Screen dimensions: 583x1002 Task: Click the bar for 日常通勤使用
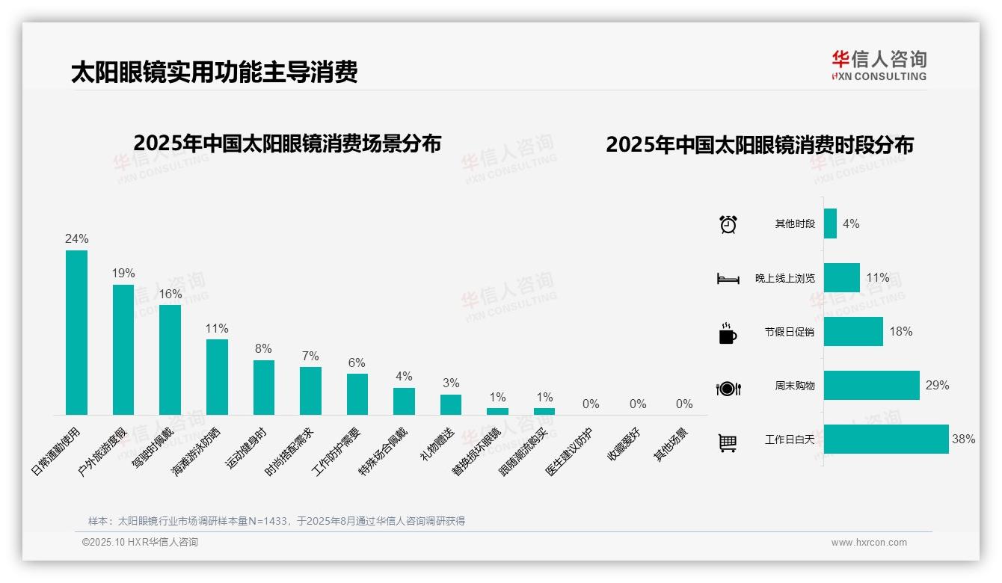tap(76, 333)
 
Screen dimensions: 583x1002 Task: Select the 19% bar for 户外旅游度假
tap(123, 350)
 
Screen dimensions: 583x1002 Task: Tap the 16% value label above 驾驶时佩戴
tap(170, 294)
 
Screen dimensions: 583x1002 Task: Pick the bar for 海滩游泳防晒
tap(217, 377)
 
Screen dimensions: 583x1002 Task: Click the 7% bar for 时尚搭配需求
tap(310, 390)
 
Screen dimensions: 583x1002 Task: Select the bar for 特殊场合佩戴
tap(404, 401)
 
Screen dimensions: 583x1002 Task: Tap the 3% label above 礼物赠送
tap(451, 383)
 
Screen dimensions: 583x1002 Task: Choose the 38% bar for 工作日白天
tap(886, 439)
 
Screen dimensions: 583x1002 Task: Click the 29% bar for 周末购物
tap(871, 386)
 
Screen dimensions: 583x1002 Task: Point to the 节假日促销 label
tap(790, 332)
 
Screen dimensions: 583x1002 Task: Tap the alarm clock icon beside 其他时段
tap(728, 224)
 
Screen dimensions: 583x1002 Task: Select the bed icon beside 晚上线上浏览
tap(728, 279)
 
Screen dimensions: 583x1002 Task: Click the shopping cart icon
tap(728, 442)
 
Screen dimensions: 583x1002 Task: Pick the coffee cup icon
tap(728, 333)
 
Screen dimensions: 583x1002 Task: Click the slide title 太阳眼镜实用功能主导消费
tap(214, 72)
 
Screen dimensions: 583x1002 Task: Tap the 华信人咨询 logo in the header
tap(879, 65)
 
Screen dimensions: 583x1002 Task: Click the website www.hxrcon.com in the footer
tap(869, 543)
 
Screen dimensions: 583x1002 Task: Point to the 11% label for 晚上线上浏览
tap(878, 278)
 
